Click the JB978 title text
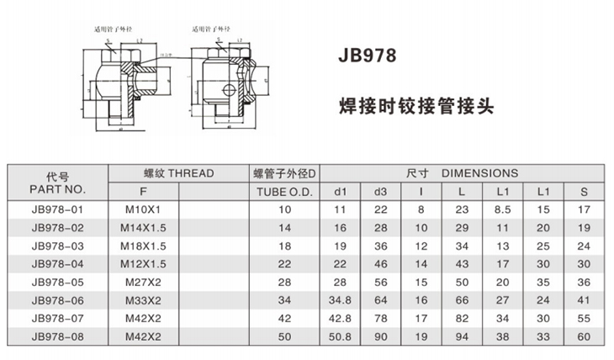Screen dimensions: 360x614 coord(365,60)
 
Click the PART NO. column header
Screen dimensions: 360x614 coord(57,189)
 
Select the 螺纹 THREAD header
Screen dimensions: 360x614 coord(177,173)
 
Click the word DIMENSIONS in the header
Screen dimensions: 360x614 coord(480,173)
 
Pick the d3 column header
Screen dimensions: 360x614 coord(380,190)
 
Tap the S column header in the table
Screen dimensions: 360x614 coord(583,190)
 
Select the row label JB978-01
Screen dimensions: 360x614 coord(57,208)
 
